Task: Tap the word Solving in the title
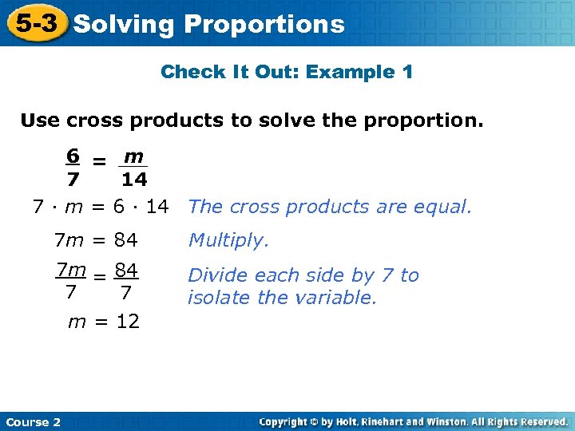click(x=123, y=25)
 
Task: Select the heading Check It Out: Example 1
click(x=287, y=73)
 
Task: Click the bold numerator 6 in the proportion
click(x=72, y=155)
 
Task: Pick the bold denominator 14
click(x=134, y=180)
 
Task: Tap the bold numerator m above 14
click(x=133, y=155)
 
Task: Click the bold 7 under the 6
click(x=72, y=180)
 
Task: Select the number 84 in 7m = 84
click(x=126, y=239)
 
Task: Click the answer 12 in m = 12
click(x=127, y=322)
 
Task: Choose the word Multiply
click(x=228, y=240)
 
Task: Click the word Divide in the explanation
click(x=212, y=275)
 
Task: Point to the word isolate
click(x=215, y=298)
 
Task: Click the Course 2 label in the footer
click(x=33, y=421)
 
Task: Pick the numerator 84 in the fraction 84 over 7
click(x=126, y=272)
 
